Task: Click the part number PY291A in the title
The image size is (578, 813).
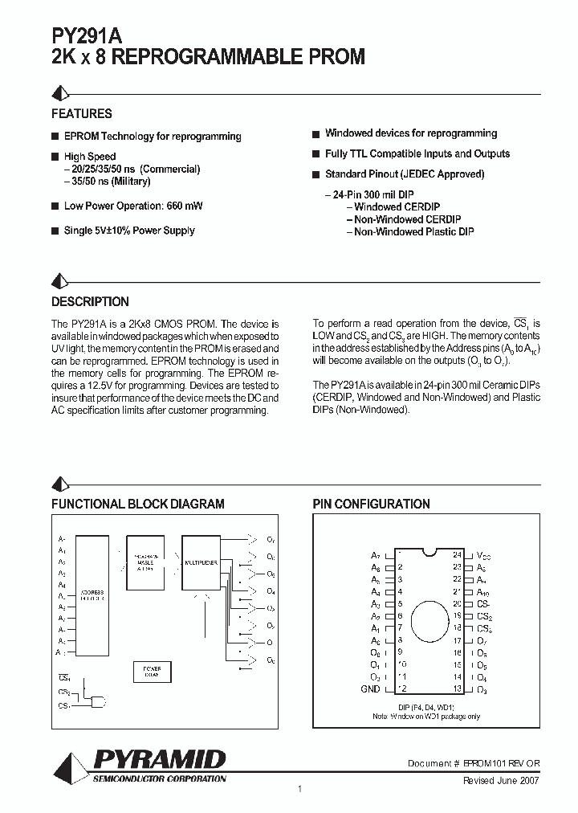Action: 87,36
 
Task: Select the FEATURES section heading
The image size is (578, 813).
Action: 81,114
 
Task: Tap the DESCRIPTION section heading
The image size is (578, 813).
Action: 90,302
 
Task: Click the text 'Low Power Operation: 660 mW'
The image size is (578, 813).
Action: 132,206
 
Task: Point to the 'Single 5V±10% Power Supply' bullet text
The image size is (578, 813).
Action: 129,231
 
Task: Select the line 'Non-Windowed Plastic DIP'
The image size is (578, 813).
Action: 413,232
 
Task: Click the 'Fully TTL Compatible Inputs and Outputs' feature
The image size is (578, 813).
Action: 417,153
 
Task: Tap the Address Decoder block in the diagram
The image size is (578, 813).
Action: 91,595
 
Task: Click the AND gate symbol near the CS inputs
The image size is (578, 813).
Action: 98,702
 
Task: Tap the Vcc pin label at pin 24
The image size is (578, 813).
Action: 483,555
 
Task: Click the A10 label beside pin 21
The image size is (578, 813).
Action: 483,591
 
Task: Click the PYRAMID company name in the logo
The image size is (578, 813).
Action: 160,759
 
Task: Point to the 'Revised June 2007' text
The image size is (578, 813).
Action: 500,780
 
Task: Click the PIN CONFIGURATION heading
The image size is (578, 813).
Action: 371,505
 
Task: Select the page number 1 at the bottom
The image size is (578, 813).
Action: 299,790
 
